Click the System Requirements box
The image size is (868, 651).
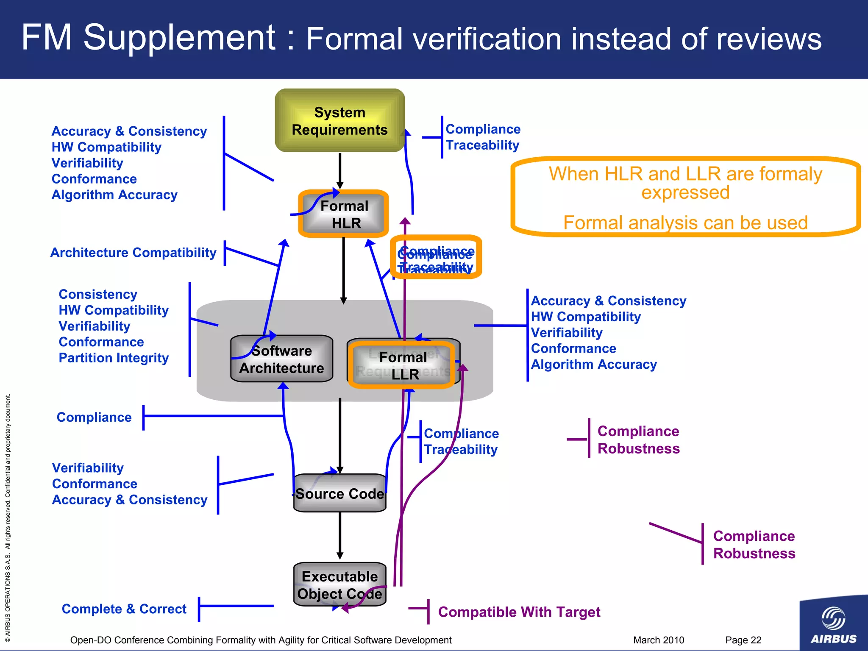point(339,121)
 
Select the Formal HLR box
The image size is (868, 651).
point(344,214)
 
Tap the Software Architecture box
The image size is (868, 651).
point(281,359)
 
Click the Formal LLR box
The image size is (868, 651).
point(403,365)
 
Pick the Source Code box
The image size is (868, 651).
point(339,493)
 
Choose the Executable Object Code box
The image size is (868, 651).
point(339,584)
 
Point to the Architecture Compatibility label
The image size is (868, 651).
point(133,253)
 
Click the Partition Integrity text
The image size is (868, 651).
point(114,358)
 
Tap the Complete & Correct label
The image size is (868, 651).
point(124,609)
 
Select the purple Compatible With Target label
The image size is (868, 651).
point(519,612)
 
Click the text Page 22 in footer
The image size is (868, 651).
point(743,640)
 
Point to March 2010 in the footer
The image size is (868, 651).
point(658,640)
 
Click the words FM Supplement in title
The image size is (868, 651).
point(148,38)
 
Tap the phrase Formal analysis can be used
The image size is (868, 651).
point(685,223)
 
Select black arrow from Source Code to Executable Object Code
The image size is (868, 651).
point(339,536)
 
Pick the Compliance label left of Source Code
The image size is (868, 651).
point(94,417)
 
